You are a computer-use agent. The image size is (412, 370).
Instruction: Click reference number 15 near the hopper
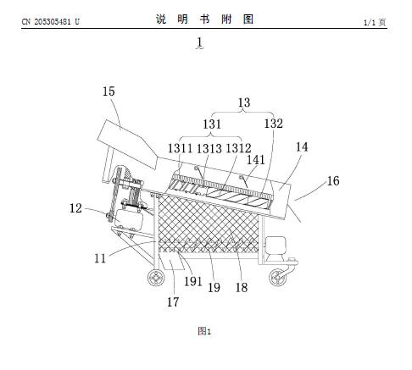click(x=109, y=91)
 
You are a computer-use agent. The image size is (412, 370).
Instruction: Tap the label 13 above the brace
click(x=244, y=102)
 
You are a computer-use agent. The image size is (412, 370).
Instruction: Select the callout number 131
click(x=212, y=124)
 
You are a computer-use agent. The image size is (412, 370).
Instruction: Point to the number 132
click(x=273, y=124)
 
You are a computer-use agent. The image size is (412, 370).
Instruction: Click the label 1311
click(x=180, y=148)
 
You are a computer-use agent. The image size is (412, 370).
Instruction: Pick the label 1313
click(x=209, y=148)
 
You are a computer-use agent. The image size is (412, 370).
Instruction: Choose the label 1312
click(x=238, y=148)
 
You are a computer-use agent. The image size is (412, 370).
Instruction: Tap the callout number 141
click(x=256, y=160)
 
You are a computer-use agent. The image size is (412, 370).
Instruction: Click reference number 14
click(x=302, y=146)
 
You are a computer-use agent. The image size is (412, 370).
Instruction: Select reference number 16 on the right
click(x=333, y=181)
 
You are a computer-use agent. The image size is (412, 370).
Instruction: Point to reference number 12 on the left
click(x=75, y=208)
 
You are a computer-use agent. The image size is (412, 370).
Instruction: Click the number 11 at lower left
click(x=100, y=258)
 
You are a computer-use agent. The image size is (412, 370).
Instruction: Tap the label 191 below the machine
click(x=193, y=281)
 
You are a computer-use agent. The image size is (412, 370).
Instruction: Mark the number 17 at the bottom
click(x=173, y=302)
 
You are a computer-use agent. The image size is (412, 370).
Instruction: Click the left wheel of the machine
click(x=156, y=278)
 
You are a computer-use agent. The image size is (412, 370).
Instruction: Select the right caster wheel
click(x=277, y=278)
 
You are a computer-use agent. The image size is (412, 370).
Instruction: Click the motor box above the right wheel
click(x=276, y=246)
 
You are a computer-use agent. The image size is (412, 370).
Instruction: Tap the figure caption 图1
click(x=204, y=331)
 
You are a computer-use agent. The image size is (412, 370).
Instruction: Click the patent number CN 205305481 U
click(x=51, y=21)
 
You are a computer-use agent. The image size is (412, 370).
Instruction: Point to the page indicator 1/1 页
click(x=375, y=22)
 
